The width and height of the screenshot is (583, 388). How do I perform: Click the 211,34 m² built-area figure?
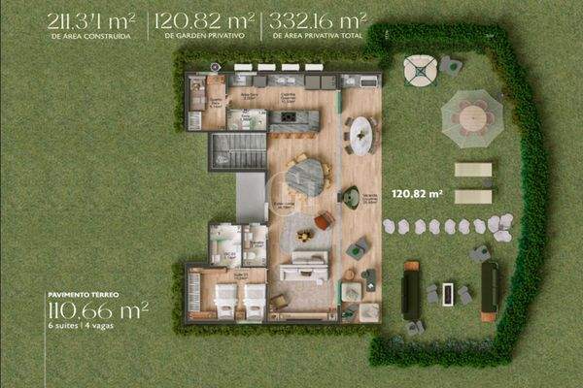coord(90,18)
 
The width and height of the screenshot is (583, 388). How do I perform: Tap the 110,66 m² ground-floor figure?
coord(97,310)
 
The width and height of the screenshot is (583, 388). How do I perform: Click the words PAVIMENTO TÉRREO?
coord(82,291)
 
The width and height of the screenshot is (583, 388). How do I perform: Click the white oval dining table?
coord(361,135)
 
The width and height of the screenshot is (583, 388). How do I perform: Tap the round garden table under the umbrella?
coord(472,116)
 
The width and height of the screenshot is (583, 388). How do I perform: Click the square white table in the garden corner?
coord(420,69)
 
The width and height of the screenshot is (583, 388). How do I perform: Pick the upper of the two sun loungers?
coord(473,170)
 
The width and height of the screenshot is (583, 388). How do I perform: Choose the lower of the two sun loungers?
coord(473,196)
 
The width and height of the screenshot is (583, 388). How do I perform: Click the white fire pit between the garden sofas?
coord(447,292)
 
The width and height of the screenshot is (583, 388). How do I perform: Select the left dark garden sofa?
coord(410,289)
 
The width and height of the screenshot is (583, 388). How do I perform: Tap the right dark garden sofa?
coord(489,288)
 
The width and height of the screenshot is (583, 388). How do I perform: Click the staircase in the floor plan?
coord(237,151)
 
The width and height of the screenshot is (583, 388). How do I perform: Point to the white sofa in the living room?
coord(304,265)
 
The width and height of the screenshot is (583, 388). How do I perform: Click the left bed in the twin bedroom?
coord(225,300)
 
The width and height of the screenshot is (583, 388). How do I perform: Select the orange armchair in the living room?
coord(323,221)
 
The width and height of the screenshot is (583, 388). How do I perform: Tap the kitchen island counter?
coord(293,119)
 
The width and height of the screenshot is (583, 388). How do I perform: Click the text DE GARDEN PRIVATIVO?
coord(203,34)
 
